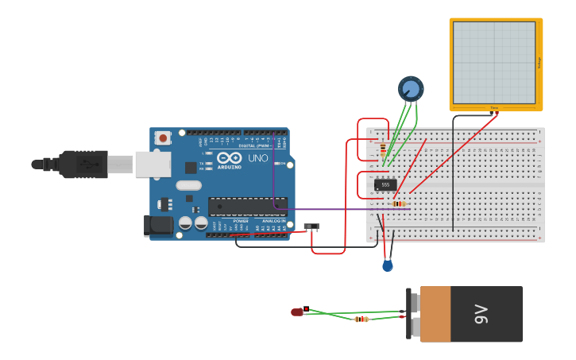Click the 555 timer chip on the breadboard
coord(385,184)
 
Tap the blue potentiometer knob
coord(411,88)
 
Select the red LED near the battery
coord(297,312)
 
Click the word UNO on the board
coord(258,158)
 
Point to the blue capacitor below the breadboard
coord(388,265)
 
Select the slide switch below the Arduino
coord(311,226)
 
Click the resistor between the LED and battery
coord(361,319)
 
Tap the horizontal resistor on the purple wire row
coord(398,203)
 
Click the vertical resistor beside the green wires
coord(384,149)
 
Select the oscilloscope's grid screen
coord(494,62)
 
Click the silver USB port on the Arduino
coord(153,165)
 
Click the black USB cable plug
coord(83,164)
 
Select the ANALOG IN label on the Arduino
coord(274,221)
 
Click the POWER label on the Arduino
coord(241,221)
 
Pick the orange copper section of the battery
coord(435,314)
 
